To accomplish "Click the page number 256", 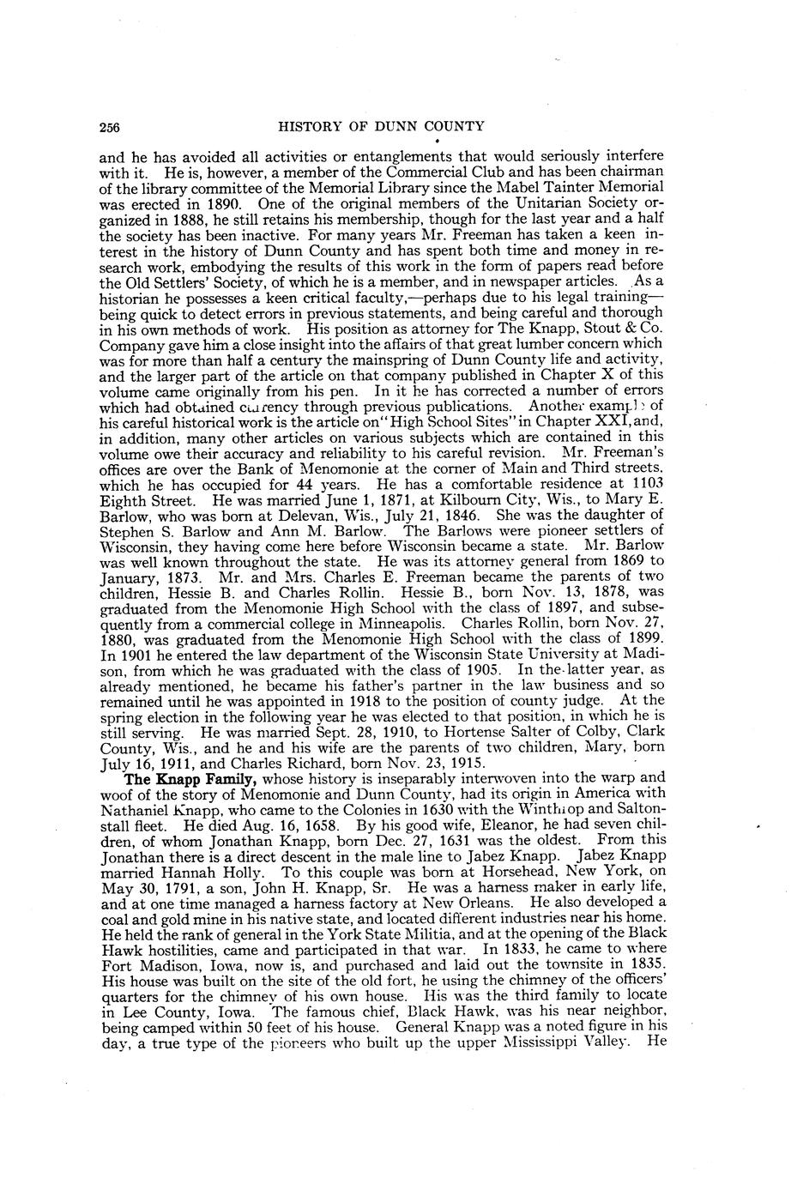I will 109,127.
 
